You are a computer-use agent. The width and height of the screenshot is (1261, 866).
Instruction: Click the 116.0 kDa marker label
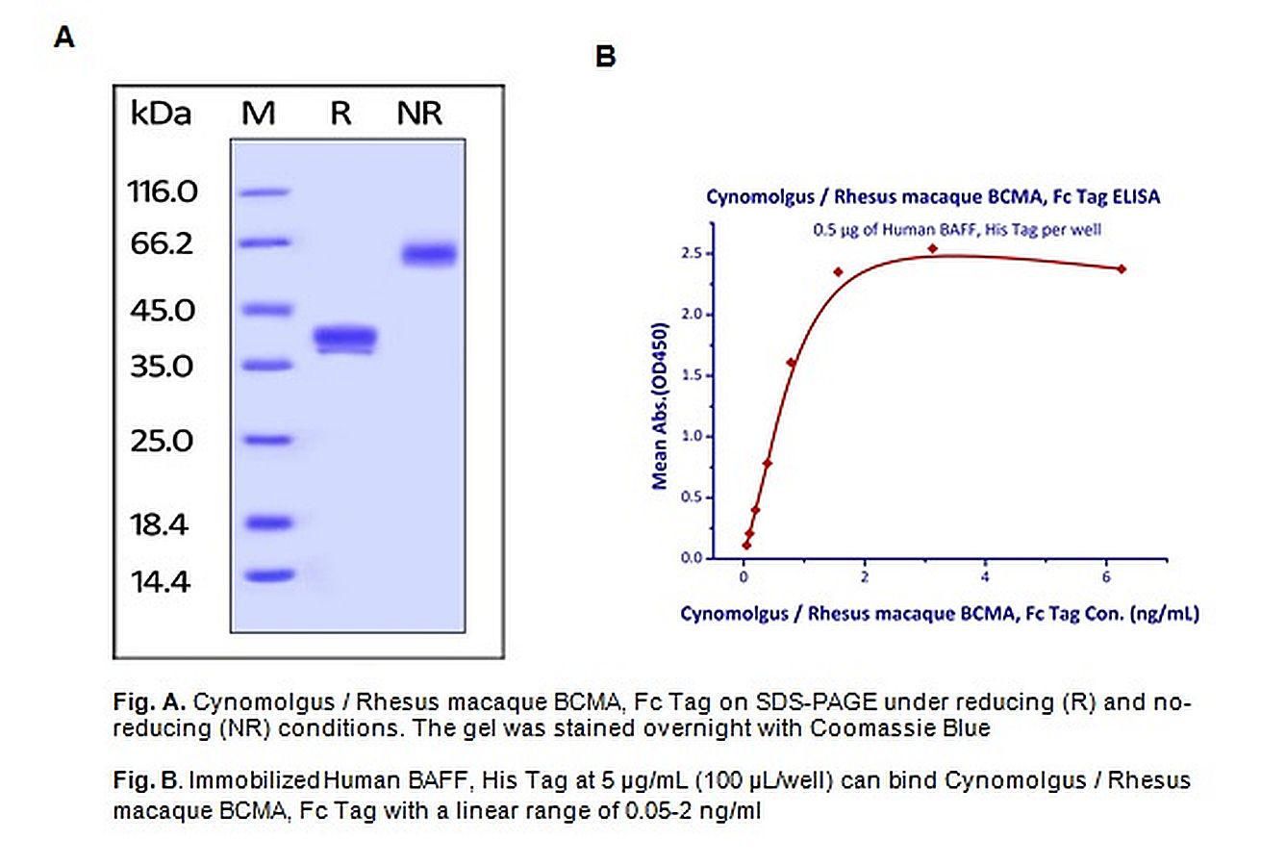click(x=163, y=192)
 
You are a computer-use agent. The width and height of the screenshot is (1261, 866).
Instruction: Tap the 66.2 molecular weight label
click(x=163, y=243)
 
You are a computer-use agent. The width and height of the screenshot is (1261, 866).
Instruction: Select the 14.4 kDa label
click(x=163, y=581)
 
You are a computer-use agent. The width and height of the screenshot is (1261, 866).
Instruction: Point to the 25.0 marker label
click(x=163, y=441)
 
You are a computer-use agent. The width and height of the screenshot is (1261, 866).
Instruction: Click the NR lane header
click(x=419, y=114)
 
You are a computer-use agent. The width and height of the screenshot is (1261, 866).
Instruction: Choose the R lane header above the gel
click(x=340, y=114)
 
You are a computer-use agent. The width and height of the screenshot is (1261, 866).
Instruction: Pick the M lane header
click(x=258, y=114)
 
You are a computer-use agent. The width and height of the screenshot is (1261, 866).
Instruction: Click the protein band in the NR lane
click(x=428, y=254)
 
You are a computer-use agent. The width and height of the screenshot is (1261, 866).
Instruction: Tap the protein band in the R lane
click(x=345, y=338)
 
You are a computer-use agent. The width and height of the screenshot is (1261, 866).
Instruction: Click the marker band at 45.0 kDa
click(x=264, y=310)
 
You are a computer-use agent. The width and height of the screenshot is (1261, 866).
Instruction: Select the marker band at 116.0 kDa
click(x=264, y=192)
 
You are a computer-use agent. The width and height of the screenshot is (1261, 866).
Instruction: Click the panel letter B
click(x=605, y=57)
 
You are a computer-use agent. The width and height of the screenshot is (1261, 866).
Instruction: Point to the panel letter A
click(x=64, y=38)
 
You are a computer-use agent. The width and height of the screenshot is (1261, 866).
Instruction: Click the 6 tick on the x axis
click(x=1106, y=576)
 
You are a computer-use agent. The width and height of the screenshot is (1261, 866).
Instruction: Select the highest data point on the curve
click(x=932, y=248)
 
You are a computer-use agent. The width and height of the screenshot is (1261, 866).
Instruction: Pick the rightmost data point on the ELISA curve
click(x=1122, y=268)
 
